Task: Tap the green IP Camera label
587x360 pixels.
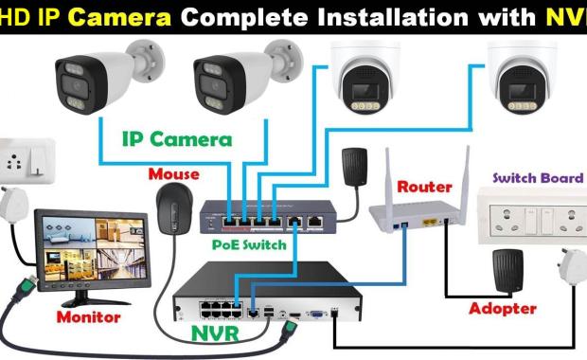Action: (176, 139)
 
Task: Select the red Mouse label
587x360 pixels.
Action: (173, 174)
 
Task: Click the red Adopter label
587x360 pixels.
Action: (503, 308)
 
